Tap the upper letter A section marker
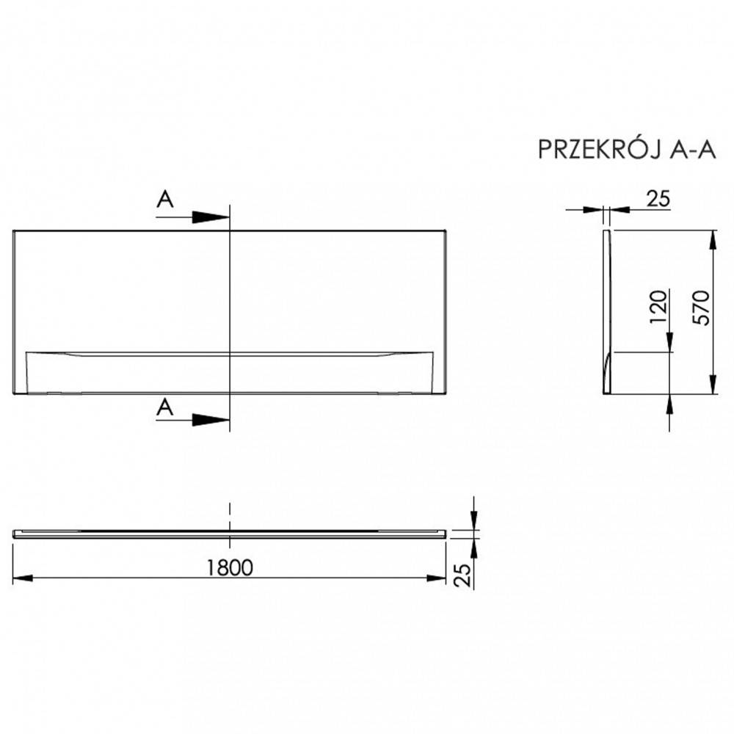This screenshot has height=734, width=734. pos(166,200)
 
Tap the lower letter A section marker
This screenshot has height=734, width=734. pos(166,409)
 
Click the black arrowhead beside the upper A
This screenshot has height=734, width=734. pos(211,217)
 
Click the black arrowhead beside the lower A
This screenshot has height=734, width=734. pos(211,420)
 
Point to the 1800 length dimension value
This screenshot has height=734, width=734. pos(230,567)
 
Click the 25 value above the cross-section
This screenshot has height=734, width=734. pos(658,197)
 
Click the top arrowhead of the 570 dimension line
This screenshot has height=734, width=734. pos(711,239)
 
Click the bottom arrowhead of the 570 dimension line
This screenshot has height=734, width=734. pos(711,385)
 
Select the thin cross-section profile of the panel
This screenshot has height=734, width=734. pos(606,312)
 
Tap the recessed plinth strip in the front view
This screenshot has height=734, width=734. pos(230,373)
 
